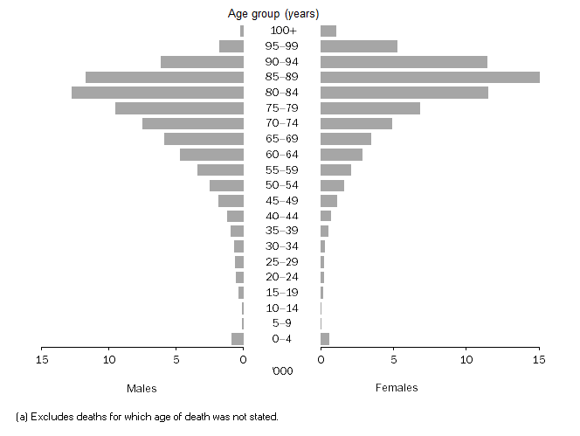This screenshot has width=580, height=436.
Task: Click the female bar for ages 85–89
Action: click(430, 77)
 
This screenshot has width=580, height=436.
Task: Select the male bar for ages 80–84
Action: click(157, 93)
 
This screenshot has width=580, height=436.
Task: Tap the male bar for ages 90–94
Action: click(202, 62)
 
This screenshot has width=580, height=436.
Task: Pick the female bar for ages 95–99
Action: click(359, 46)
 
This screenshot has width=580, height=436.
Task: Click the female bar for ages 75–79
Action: click(370, 108)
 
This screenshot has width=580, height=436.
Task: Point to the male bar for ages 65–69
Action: click(204, 139)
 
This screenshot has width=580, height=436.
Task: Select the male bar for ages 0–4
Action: click(238, 339)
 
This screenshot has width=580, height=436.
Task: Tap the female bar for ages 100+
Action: click(328, 31)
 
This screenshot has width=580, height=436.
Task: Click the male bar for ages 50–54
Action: click(226, 185)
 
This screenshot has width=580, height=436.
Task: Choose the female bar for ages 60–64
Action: click(342, 155)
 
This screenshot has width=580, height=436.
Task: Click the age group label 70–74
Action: click(282, 124)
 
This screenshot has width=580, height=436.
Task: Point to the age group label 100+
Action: click(282, 31)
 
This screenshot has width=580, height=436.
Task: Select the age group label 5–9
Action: click(282, 323)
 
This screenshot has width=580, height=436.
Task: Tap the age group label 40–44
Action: click(282, 216)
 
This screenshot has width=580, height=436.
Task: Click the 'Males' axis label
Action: click(142, 388)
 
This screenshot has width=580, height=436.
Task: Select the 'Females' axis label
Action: click(397, 388)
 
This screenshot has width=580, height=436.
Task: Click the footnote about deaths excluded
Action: click(147, 417)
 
